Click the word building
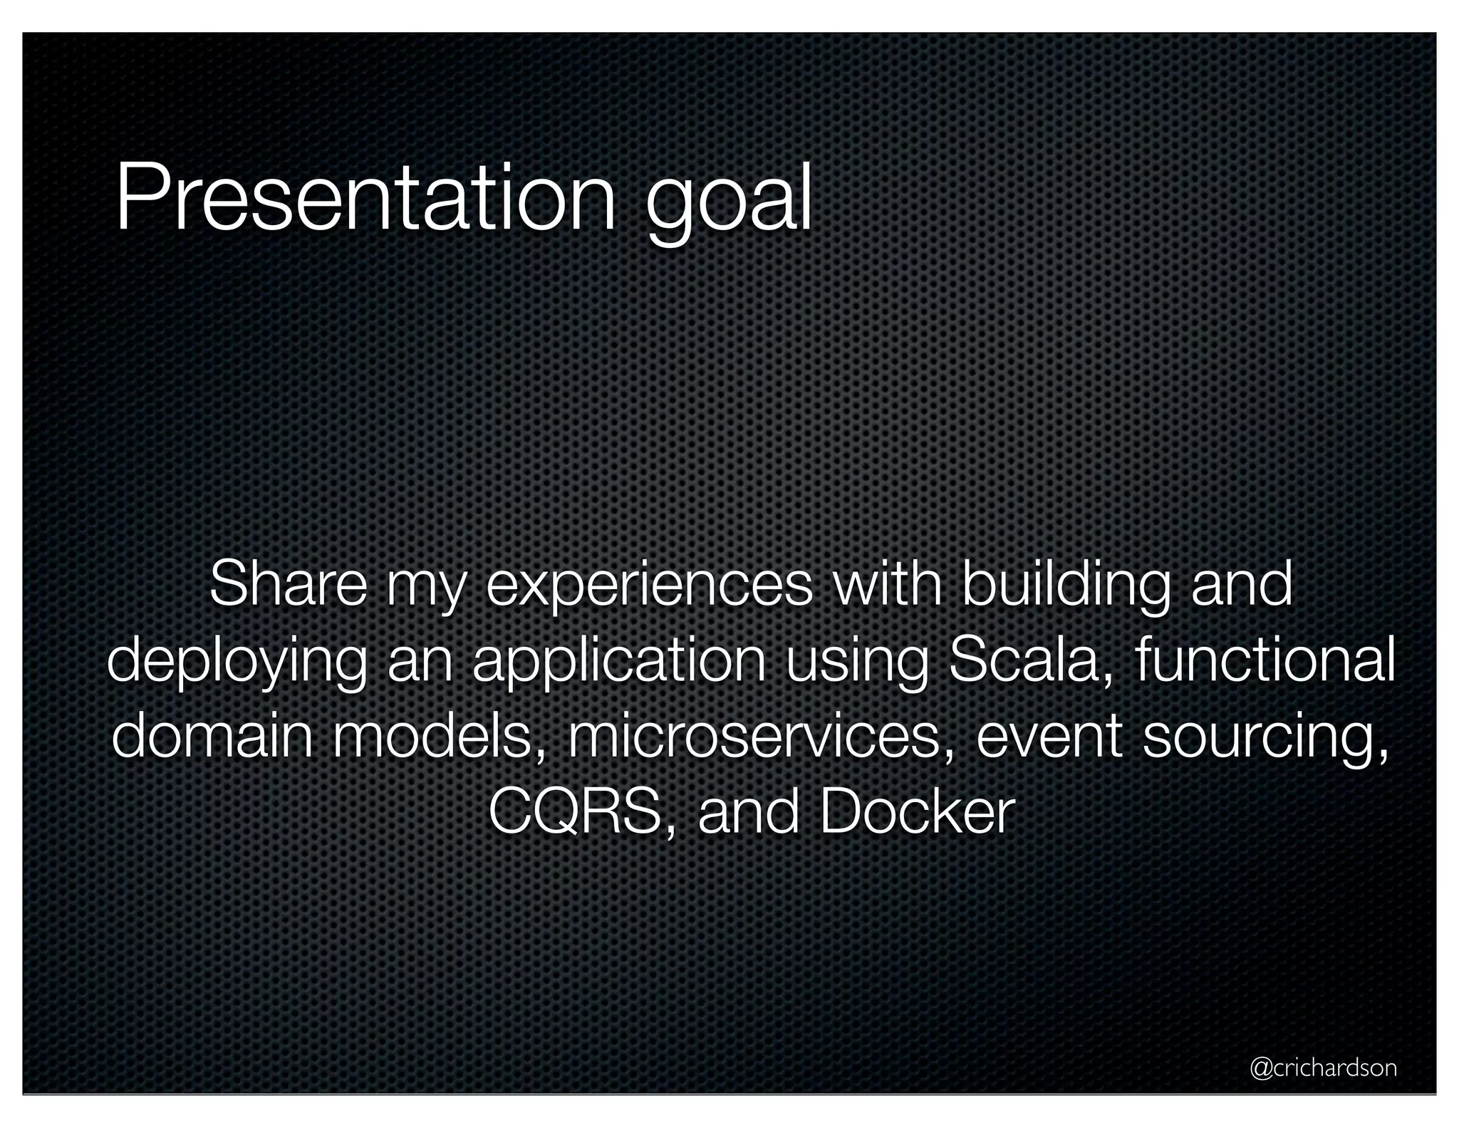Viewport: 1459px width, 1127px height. click(x=1065, y=585)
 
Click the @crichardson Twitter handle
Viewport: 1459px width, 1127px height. click(x=1324, y=1068)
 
